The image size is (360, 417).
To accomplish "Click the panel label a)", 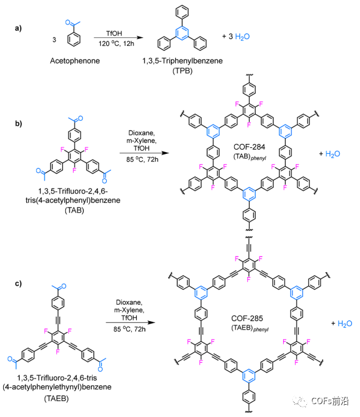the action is [x=18, y=28].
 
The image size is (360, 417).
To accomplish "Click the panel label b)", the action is [x=18, y=123].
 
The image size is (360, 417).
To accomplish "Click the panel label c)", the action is [x=18, y=283].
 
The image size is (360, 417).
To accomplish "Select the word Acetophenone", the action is [x=75, y=61].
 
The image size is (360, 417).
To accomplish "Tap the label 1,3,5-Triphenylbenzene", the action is [x=182, y=61].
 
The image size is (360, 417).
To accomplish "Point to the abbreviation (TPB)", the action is [x=182, y=71].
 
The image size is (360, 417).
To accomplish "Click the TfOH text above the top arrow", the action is [x=114, y=34].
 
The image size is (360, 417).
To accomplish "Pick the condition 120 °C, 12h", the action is [x=116, y=43].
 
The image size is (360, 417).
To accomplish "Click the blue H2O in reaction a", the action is [x=242, y=37].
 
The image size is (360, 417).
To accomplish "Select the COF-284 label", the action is [x=249, y=147].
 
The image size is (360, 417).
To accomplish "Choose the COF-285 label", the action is [x=247, y=318].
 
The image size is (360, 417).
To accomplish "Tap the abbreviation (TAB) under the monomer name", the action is [x=74, y=211].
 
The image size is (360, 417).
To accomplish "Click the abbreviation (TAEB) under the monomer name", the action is [x=56, y=399].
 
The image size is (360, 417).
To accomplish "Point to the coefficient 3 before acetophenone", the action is [x=54, y=40].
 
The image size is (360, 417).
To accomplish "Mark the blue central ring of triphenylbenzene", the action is [x=182, y=33].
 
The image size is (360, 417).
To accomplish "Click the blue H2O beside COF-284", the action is [x=333, y=154].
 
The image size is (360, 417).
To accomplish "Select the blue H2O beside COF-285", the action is [x=345, y=324].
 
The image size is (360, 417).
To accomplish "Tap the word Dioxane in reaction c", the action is [x=129, y=302].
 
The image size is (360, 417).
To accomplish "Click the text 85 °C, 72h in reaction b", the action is [x=142, y=159].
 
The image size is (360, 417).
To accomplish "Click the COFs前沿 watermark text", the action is [x=329, y=401].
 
